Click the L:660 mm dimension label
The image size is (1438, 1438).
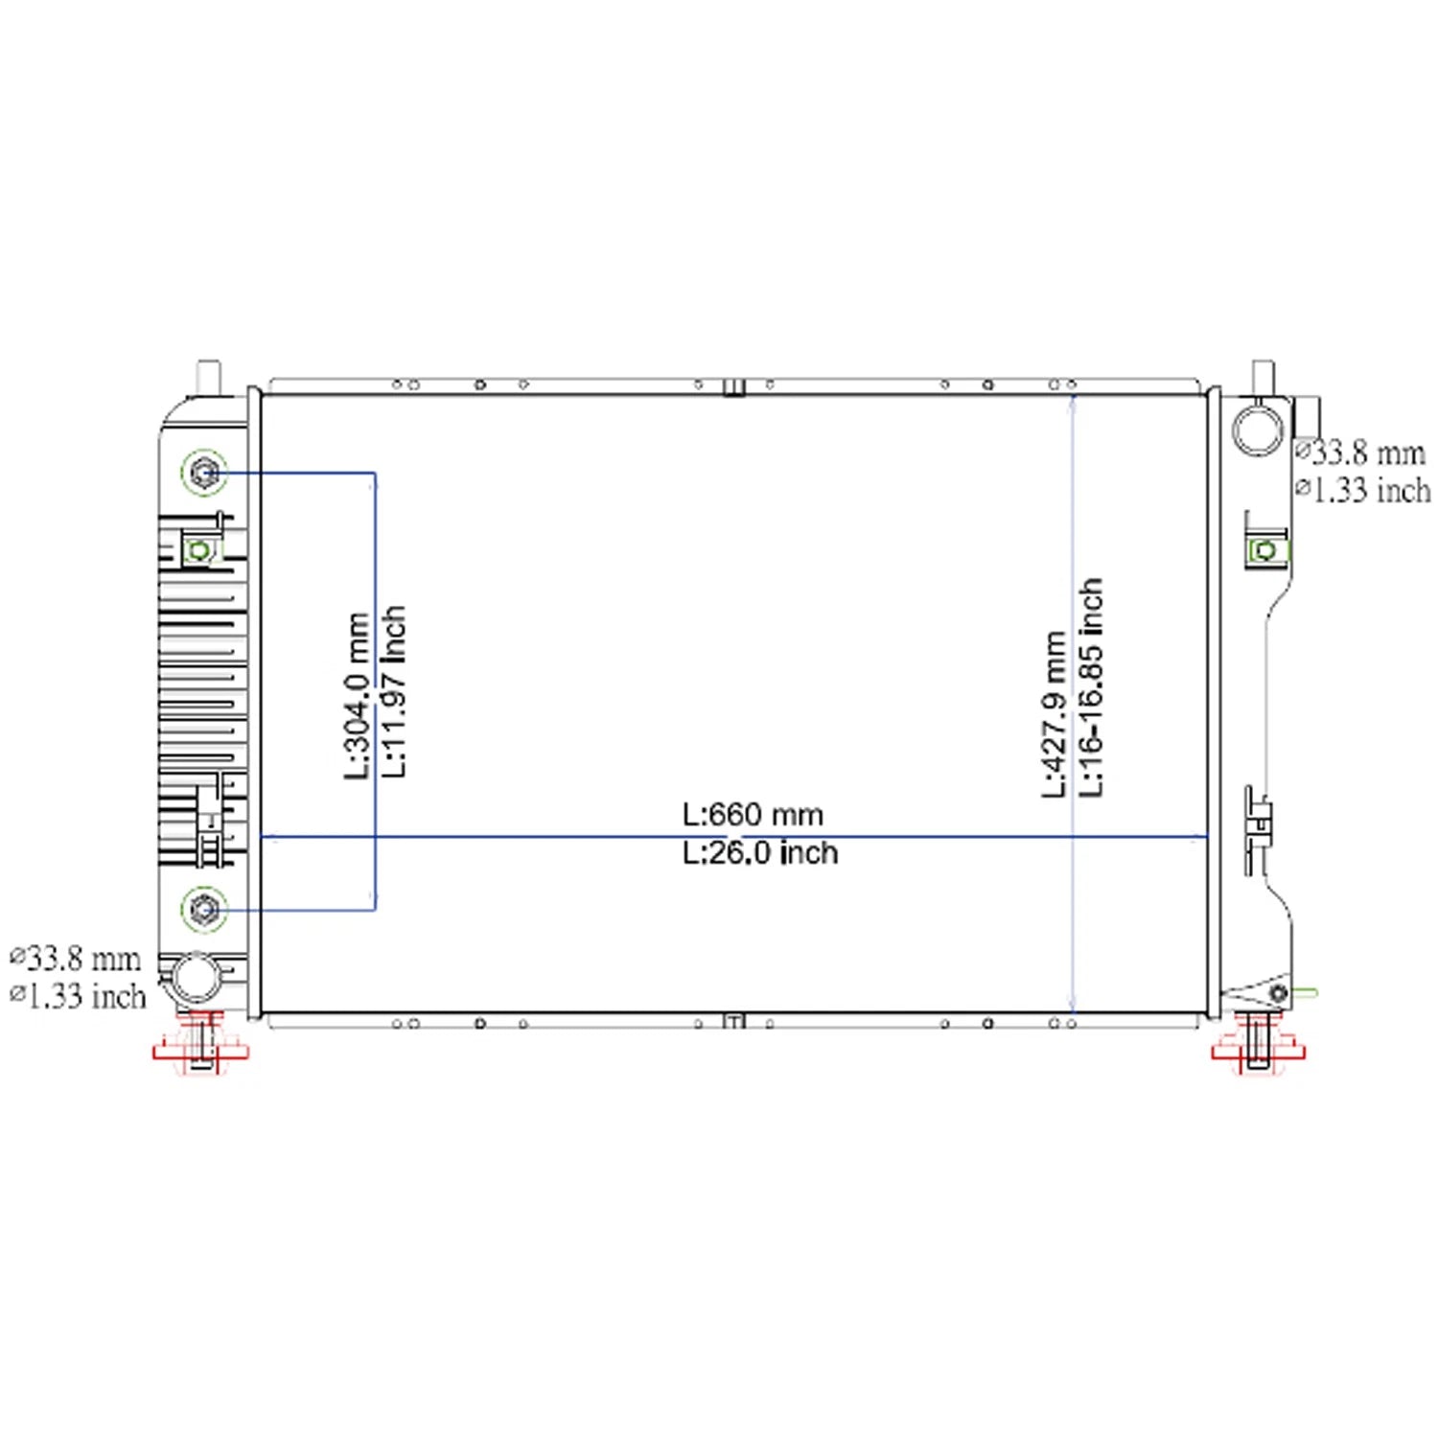point(753,815)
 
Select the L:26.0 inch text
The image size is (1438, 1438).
point(760,853)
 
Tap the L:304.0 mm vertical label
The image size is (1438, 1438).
point(357,696)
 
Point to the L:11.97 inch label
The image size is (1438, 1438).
point(394,690)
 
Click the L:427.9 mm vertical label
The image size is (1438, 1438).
point(1055,714)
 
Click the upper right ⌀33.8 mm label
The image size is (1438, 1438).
point(1360,452)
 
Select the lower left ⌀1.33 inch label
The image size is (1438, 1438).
point(78,996)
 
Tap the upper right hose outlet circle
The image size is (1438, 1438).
point(1257,429)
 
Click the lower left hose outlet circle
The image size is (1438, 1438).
point(196,978)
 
